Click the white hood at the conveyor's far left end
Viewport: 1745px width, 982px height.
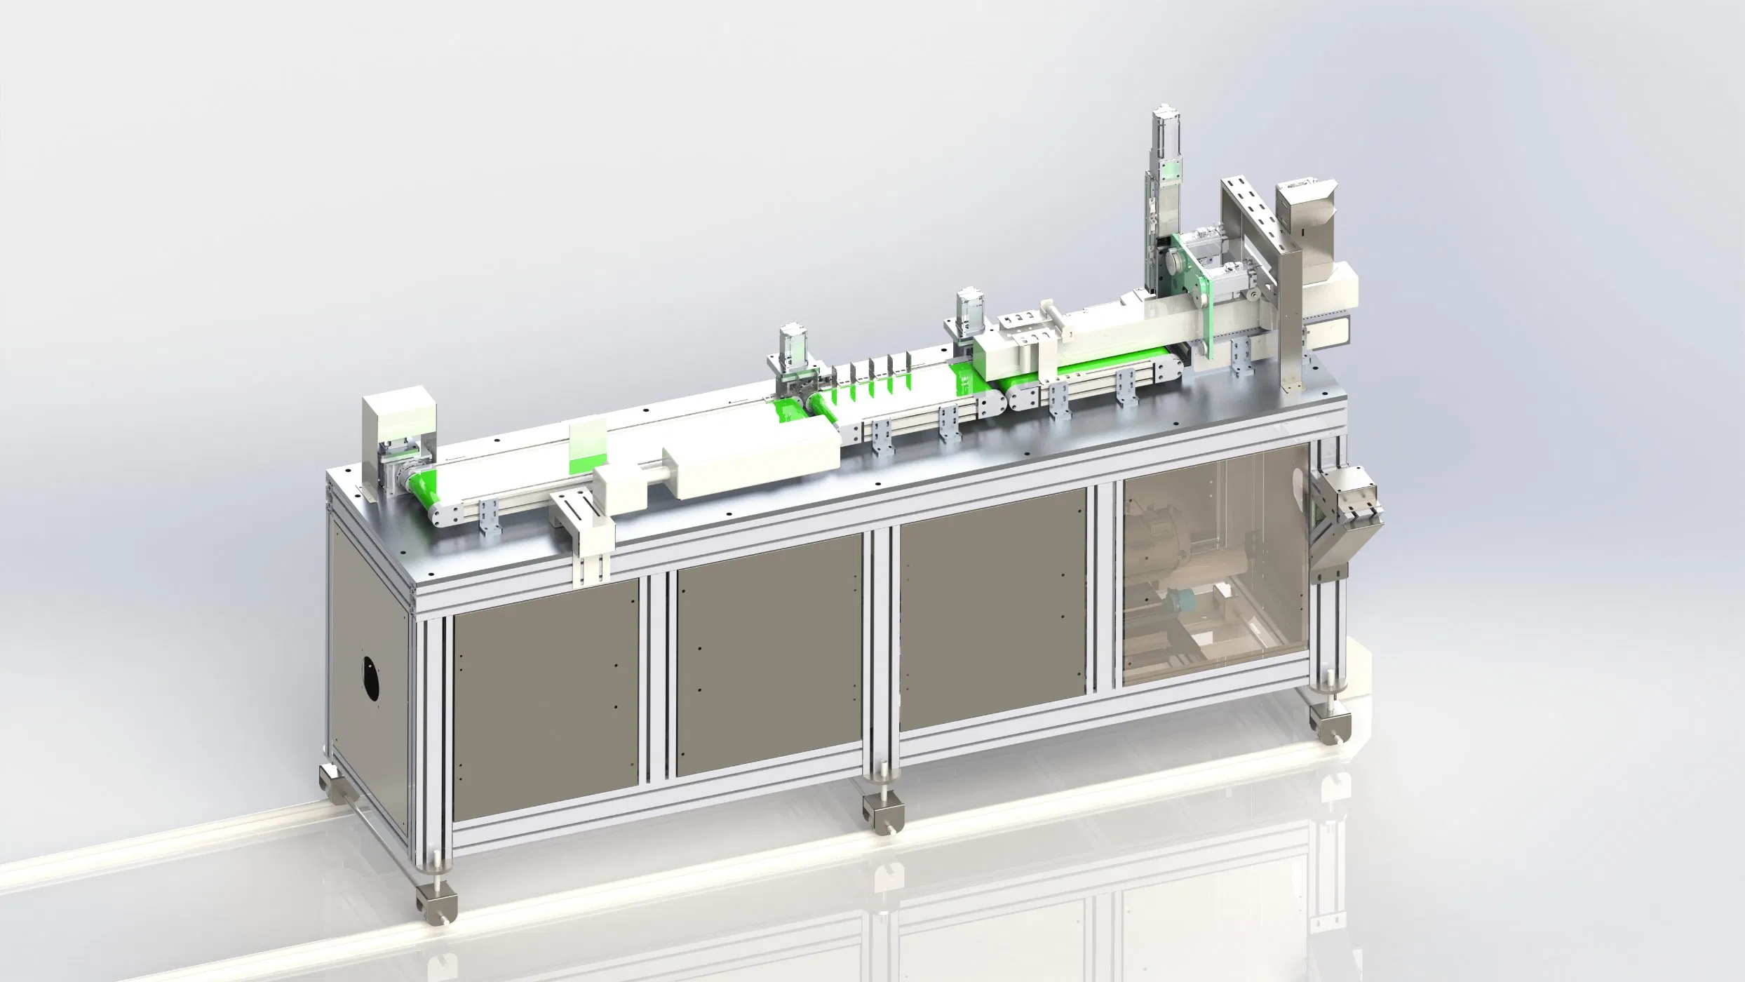[398, 421]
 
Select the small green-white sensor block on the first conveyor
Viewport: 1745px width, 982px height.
[588, 445]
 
